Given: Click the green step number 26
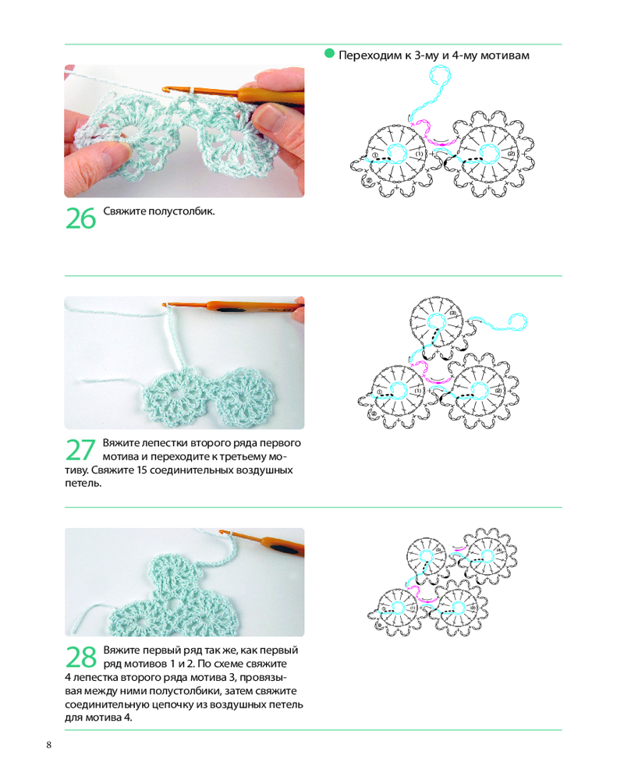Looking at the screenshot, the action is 80,218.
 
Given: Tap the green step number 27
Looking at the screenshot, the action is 80,450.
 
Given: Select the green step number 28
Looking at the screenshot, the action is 81,657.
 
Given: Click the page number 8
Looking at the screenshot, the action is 49,745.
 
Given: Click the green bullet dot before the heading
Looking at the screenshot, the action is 329,53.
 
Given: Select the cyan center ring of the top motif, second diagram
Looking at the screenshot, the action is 437,322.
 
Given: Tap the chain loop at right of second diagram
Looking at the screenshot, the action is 517,322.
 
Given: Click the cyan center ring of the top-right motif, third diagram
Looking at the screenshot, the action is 487,556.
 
